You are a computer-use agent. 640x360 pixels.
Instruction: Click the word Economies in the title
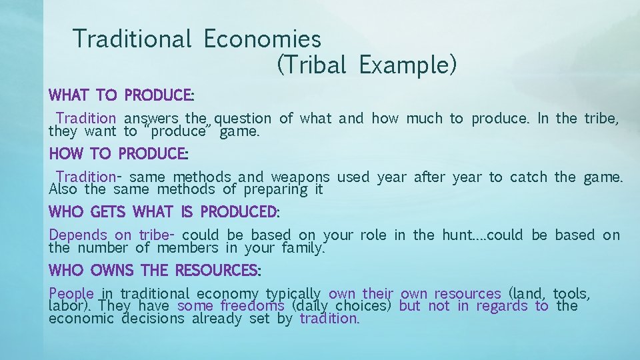point(262,39)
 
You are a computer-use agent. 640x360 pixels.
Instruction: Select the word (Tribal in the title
point(311,65)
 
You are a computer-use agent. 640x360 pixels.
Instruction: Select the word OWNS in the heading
point(108,271)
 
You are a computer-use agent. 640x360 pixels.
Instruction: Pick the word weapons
point(299,177)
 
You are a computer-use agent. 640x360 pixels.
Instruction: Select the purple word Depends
point(78,235)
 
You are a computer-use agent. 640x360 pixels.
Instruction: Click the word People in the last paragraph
point(71,293)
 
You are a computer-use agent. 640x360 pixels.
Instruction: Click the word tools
point(571,293)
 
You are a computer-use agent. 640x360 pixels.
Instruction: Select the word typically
point(293,293)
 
